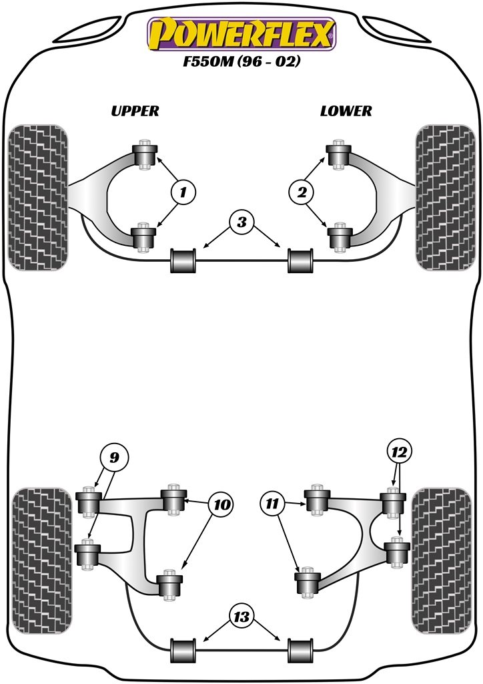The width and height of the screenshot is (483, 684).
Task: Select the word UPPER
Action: pos(135,111)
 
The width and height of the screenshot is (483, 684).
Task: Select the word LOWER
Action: pos(346,111)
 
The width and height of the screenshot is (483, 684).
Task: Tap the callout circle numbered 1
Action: pos(183,193)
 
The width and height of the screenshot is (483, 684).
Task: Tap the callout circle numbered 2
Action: pos(302,193)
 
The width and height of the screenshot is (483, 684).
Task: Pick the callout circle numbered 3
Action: pos(242,222)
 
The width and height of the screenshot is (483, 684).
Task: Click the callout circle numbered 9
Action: pos(113,458)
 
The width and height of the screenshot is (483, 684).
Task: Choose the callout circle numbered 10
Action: pos(220,505)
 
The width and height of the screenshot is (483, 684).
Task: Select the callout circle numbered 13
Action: pos(242,616)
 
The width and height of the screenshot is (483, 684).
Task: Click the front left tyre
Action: pos(38,197)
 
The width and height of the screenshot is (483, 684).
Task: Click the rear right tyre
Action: pos(437,561)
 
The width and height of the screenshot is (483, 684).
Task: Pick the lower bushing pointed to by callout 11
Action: pos(308,582)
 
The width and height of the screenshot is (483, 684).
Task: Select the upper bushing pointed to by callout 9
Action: pos(89,502)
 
